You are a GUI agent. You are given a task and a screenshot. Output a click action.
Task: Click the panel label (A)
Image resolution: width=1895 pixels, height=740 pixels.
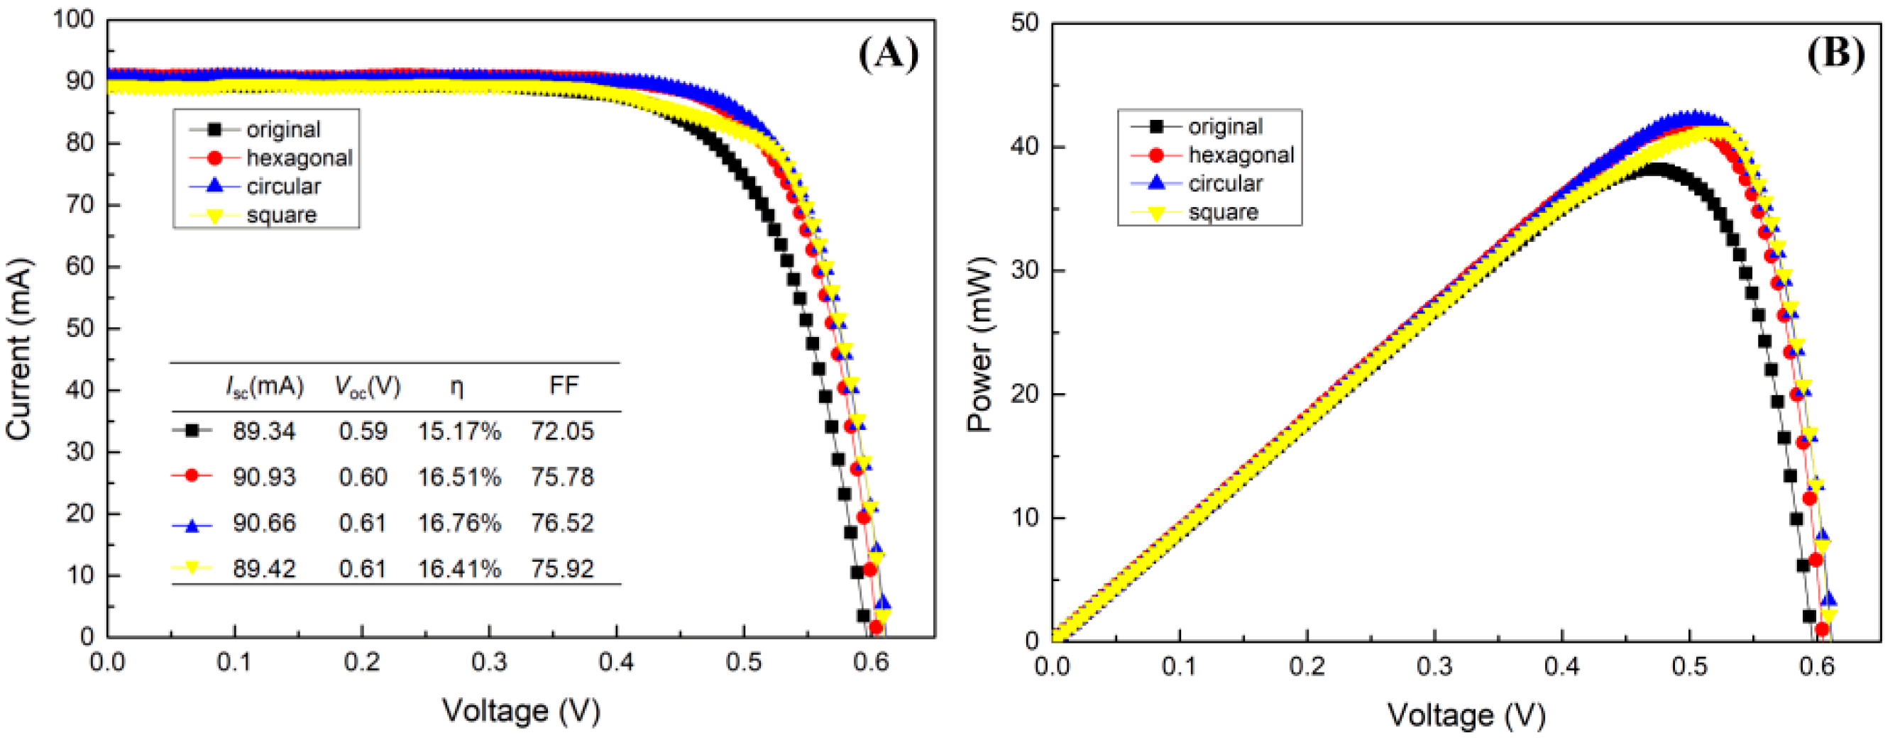[889, 55]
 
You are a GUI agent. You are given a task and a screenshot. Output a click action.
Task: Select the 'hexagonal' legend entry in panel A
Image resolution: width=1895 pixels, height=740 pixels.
[299, 158]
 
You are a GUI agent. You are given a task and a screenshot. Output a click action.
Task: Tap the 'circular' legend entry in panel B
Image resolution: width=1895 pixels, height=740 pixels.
[1225, 183]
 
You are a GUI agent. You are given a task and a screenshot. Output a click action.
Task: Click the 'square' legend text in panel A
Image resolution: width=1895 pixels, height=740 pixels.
[281, 215]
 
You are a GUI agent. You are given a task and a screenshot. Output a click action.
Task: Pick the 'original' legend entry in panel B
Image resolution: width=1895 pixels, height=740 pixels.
[1225, 126]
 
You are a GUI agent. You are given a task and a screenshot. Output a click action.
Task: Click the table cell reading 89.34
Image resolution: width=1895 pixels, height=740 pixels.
[263, 431]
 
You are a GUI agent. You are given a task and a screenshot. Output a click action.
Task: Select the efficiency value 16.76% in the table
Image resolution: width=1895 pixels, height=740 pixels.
[459, 523]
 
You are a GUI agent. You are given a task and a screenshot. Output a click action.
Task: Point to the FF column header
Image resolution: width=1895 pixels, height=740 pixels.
[564, 385]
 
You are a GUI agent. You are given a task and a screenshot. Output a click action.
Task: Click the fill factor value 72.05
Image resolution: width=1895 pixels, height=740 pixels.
[562, 431]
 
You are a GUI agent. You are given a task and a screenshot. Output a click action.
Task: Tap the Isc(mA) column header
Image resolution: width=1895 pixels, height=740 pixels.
[264, 385]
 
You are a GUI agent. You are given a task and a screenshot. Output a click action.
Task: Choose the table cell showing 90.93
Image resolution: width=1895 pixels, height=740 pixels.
[263, 477]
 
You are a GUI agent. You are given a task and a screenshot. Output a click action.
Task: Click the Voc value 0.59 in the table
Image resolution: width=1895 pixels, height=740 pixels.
[363, 431]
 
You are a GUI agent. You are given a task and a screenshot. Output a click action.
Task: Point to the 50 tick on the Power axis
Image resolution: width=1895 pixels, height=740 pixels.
[1025, 23]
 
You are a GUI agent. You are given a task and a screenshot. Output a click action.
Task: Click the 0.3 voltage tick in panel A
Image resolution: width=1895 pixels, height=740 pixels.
[489, 662]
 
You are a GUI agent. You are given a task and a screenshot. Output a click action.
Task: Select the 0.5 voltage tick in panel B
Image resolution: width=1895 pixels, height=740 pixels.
[1689, 666]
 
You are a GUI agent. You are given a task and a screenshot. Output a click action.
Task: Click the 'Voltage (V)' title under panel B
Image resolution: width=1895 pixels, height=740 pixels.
[1466, 714]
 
